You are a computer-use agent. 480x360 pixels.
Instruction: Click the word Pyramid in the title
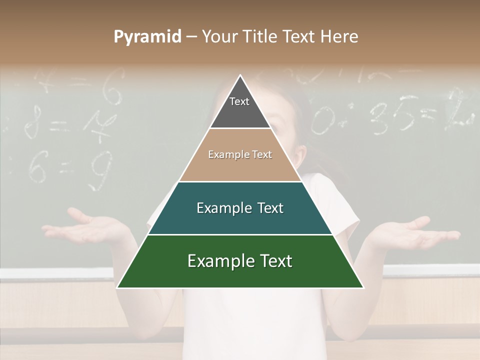tap(147, 37)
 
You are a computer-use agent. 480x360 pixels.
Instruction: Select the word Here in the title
tap(339, 36)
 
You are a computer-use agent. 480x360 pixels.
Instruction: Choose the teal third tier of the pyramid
tap(240, 220)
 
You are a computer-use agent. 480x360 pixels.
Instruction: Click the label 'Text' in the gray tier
tap(239, 101)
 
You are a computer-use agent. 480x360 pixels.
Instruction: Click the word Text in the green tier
tap(273, 261)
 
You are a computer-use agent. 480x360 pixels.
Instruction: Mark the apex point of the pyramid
tap(240, 75)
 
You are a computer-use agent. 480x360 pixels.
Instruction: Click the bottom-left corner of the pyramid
tap(117, 287)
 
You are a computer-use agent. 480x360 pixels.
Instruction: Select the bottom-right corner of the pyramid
tap(363, 287)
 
